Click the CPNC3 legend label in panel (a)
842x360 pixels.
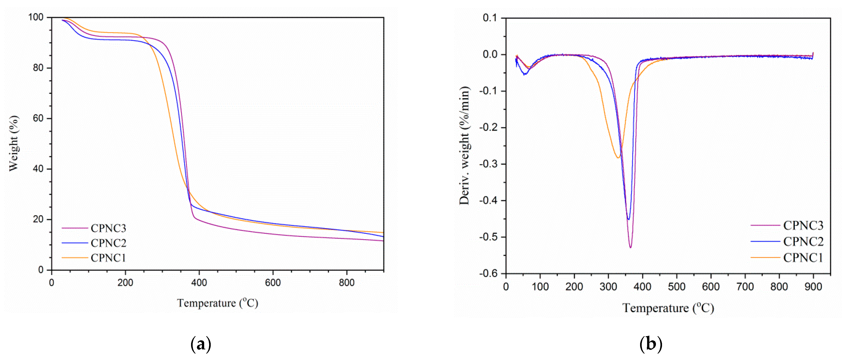click(x=108, y=228)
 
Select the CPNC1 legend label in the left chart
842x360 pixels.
click(x=108, y=258)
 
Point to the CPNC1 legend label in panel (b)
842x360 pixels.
click(x=803, y=258)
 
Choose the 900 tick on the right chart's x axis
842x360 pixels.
click(x=813, y=287)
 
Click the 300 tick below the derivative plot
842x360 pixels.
click(x=608, y=287)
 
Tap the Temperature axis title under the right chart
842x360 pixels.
click(x=668, y=308)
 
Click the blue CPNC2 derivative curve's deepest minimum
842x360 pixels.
click(x=628, y=219)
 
